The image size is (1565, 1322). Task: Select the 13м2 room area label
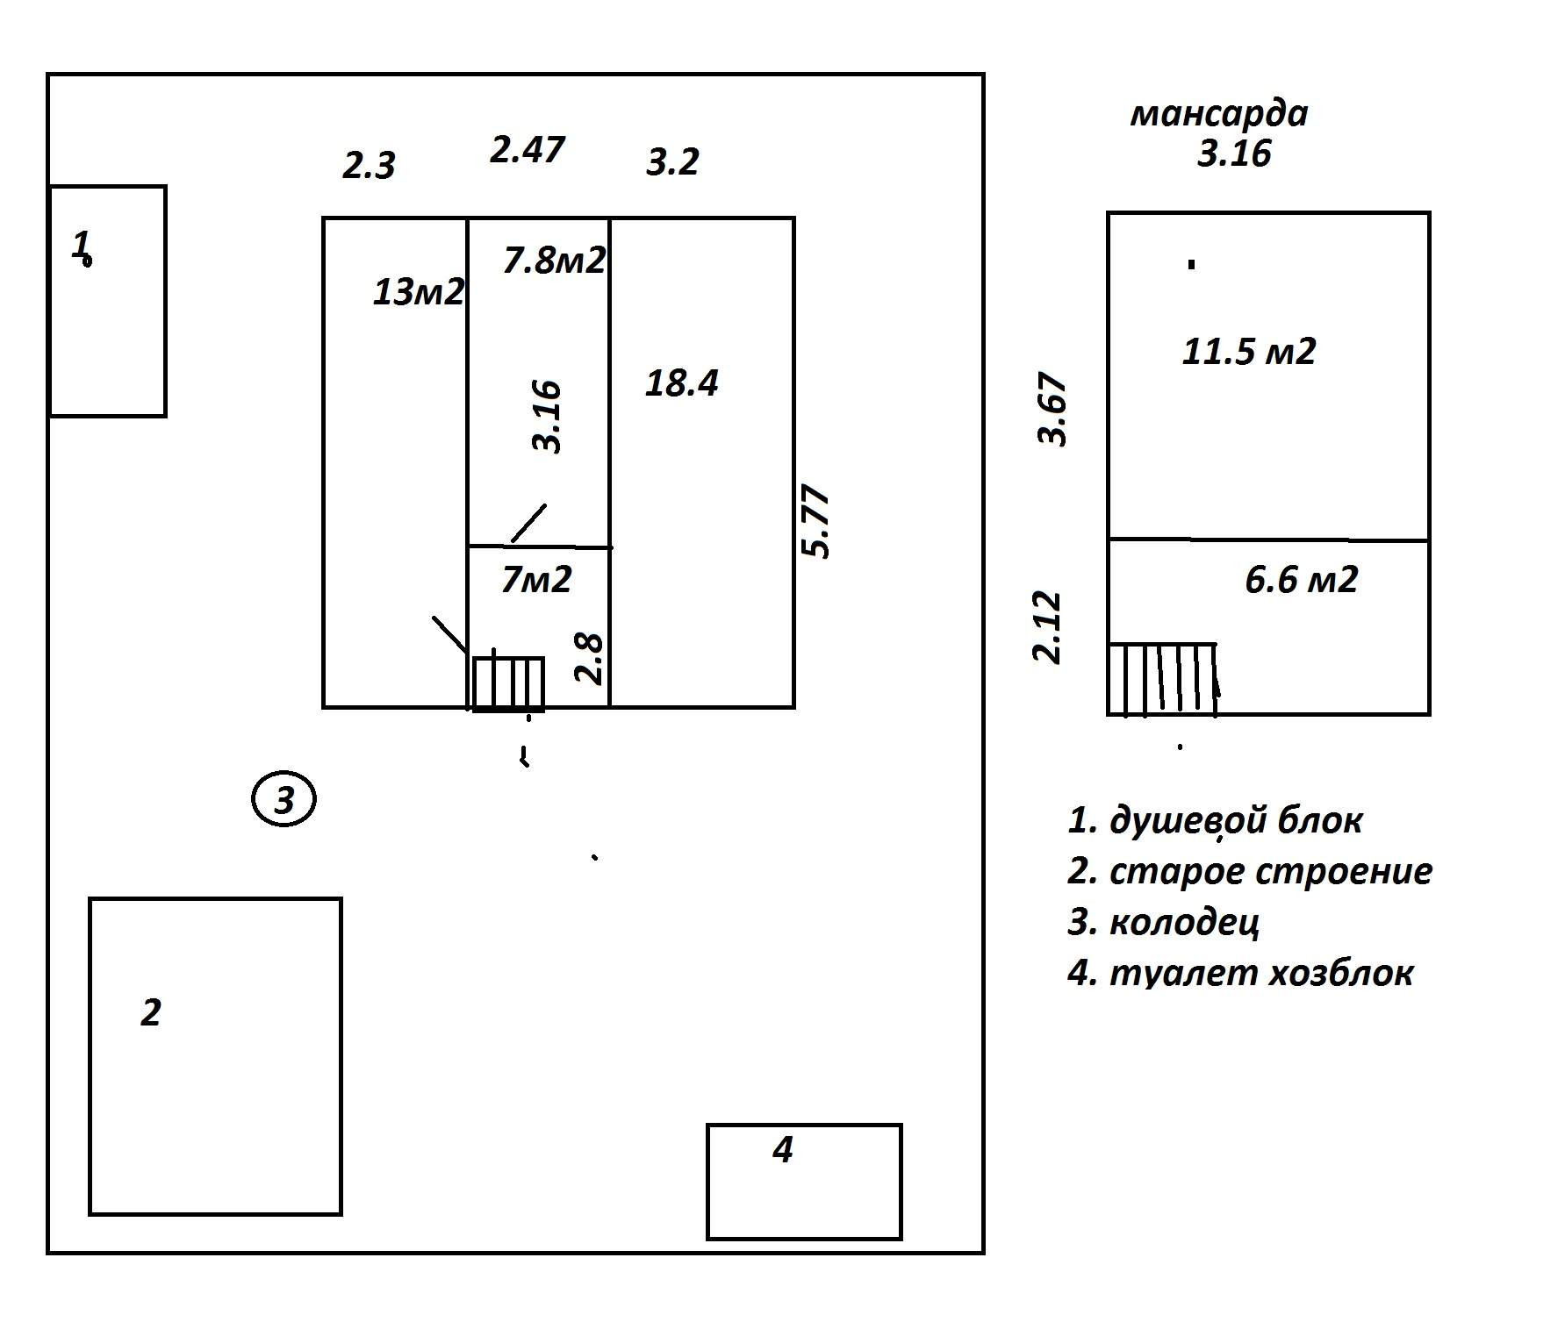(418, 291)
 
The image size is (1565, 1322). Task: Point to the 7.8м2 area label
(554, 260)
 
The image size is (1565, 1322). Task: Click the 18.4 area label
(682, 383)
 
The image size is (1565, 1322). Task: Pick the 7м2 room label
(536, 579)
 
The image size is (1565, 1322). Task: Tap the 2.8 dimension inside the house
(589, 658)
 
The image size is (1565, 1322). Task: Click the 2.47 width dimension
(527, 149)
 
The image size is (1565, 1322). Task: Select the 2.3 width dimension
(369, 165)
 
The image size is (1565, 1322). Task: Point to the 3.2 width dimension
(672, 162)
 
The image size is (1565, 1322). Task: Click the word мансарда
(1219, 114)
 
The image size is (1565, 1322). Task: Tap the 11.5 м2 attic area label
(1249, 352)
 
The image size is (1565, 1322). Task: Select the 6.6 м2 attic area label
(1302, 580)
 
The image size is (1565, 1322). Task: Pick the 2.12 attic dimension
(1047, 628)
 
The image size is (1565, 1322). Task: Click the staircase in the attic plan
(1162, 680)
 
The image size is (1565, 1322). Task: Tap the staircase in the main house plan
(509, 683)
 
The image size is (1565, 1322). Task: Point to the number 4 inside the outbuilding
(783, 1149)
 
